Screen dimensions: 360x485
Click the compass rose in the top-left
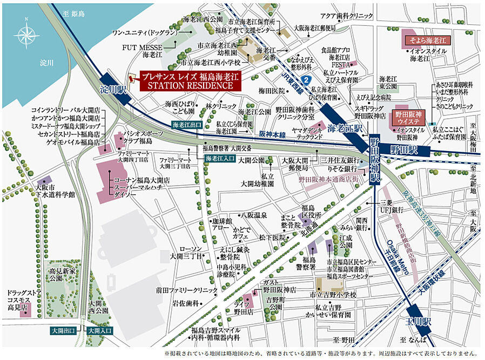[27, 33]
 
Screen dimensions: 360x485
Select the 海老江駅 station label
[345, 128]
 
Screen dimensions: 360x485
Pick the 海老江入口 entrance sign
[219, 158]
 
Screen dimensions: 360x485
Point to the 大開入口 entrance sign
[99, 330]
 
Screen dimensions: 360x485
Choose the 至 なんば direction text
[413, 339]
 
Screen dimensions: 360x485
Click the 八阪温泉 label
[254, 215]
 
